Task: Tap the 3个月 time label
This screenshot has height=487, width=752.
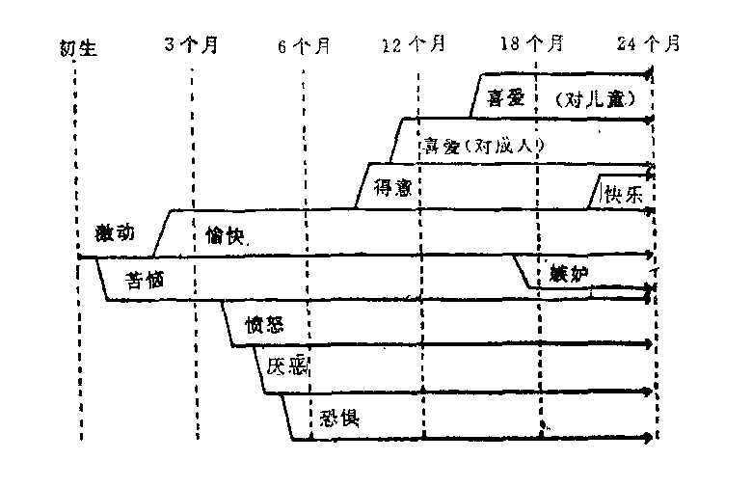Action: (x=191, y=45)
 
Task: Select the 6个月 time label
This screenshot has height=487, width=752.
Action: (x=304, y=45)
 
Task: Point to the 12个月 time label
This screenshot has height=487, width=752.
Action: (x=414, y=44)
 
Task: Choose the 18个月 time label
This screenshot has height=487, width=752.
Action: (x=533, y=44)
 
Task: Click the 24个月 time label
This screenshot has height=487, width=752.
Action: (x=649, y=44)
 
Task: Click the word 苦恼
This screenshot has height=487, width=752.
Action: (x=148, y=281)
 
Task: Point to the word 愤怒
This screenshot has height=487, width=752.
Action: (x=265, y=322)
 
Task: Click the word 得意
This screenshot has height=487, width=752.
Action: (x=392, y=187)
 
